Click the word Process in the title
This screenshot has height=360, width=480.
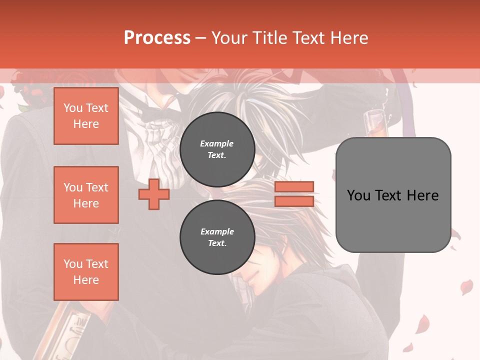pos(157,38)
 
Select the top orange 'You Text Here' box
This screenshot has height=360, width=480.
pos(86,116)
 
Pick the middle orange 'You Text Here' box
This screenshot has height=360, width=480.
pos(86,195)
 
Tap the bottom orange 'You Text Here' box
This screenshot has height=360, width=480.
pos(86,272)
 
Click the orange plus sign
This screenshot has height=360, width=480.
pos(154,194)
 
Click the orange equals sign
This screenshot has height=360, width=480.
pos(294,194)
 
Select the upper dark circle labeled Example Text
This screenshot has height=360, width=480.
pos(217,149)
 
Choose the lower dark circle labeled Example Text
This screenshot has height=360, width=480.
pos(217,237)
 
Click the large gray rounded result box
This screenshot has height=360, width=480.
pos(393,195)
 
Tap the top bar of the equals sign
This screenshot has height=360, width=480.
pos(294,187)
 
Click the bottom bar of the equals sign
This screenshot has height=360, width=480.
pos(294,201)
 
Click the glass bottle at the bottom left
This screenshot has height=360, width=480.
pos(70,330)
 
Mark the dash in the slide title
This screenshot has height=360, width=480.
pos(200,38)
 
